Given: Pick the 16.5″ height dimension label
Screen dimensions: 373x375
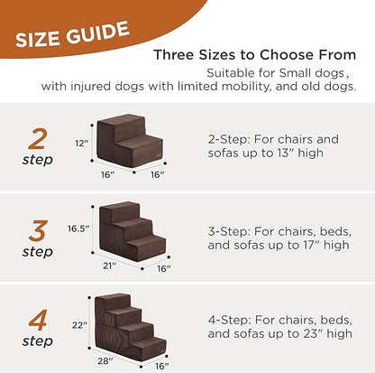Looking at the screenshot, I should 78,228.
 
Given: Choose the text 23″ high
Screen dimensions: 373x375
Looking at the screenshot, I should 325,333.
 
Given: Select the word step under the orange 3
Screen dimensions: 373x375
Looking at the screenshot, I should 38,252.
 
